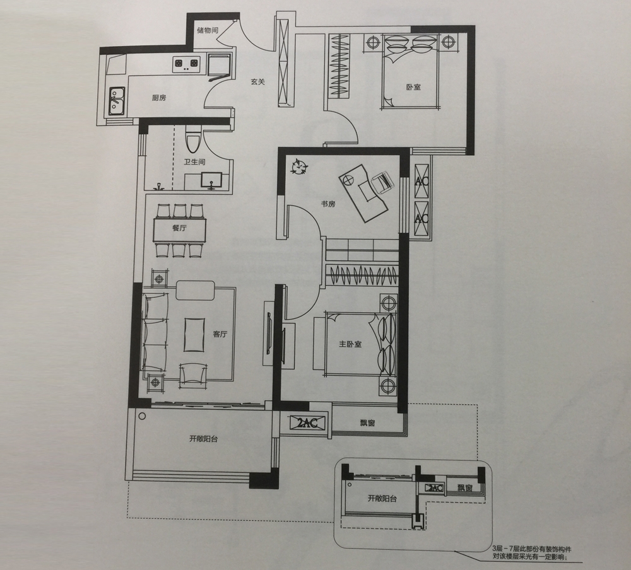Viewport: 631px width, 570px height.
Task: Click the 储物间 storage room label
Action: click(x=208, y=30)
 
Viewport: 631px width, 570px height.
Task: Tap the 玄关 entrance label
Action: click(x=257, y=82)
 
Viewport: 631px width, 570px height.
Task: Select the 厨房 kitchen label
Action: click(x=159, y=98)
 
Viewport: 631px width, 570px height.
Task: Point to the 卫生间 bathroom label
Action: click(x=195, y=161)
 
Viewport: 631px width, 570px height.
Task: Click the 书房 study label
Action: click(x=328, y=204)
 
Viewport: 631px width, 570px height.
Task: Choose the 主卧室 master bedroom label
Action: click(x=350, y=344)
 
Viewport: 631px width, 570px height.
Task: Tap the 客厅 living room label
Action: click(x=220, y=334)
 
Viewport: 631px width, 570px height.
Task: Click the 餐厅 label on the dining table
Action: click(x=179, y=228)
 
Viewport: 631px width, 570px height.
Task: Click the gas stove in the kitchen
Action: click(x=186, y=64)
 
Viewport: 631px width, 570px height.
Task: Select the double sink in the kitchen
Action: click(x=117, y=100)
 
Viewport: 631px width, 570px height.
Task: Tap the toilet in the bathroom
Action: click(x=192, y=139)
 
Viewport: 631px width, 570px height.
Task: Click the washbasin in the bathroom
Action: click(x=211, y=180)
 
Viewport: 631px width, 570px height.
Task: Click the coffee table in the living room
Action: click(x=195, y=335)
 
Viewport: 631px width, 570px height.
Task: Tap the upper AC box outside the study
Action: click(x=421, y=180)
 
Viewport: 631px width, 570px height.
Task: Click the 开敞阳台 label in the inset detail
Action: click(x=382, y=499)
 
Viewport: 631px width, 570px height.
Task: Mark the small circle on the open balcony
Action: click(x=141, y=416)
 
